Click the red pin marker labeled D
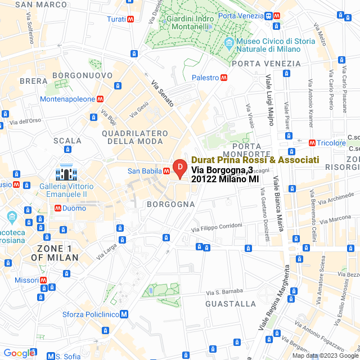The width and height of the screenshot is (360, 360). pos(179,168)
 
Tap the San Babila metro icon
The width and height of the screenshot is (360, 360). pos(166,171)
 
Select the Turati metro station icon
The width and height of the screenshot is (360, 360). pos(130,19)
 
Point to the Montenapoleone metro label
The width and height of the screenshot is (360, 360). pos(67,98)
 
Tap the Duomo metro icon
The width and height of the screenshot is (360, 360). pos(57,208)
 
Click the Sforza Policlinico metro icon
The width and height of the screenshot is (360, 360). pos(124,314)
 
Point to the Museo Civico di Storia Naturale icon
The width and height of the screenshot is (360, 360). pos(229,43)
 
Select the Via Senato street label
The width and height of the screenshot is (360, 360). pos(162,93)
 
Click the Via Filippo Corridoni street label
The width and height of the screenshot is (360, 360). pos(217,226)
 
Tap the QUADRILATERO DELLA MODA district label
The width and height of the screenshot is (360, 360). pos(136,137)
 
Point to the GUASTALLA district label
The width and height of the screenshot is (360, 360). pos(231,304)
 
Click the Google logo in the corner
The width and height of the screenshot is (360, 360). pos(18,353)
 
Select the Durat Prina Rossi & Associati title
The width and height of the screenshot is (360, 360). pos(255,160)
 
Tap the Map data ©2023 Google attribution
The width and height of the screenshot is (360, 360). pos(325,355)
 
